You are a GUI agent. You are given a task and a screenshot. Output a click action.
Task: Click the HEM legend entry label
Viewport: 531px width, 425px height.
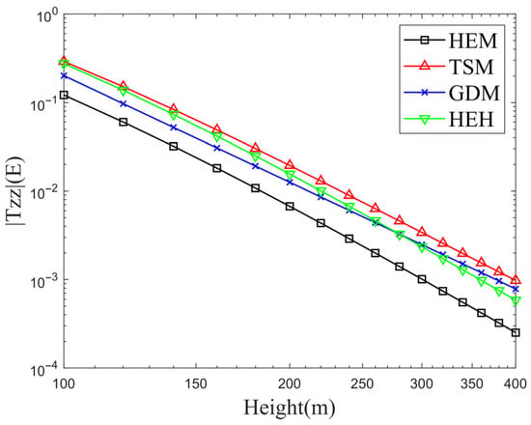473,41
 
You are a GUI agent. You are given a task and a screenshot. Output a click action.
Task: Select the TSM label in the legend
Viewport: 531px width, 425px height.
471,67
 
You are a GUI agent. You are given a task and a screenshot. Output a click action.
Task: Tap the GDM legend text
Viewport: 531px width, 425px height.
474,93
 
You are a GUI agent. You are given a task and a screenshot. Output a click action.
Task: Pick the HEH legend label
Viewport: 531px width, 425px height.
471,120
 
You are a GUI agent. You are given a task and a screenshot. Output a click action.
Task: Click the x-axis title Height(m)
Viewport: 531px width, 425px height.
289,408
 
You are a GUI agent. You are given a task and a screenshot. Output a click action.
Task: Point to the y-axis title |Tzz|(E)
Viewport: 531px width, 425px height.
14,191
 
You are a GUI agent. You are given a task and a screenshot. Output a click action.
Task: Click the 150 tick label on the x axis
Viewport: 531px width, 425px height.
196,384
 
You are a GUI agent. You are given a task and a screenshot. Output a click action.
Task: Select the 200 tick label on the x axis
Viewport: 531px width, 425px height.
290,384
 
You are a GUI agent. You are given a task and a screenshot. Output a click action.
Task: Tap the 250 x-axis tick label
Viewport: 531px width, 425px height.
363,384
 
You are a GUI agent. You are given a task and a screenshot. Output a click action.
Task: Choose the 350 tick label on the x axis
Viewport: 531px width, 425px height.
472,384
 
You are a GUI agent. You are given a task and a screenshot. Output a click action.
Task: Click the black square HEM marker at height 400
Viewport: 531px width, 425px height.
516,333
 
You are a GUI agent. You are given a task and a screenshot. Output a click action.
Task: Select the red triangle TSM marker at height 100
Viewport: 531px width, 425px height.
64,61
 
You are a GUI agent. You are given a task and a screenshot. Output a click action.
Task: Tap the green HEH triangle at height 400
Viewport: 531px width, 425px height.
516,301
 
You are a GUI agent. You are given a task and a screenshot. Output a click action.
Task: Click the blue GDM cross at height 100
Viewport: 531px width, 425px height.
64,75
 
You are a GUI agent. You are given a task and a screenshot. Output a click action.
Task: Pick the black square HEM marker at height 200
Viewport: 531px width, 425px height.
290,207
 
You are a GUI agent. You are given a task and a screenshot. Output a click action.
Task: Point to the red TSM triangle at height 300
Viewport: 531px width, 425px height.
422,232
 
